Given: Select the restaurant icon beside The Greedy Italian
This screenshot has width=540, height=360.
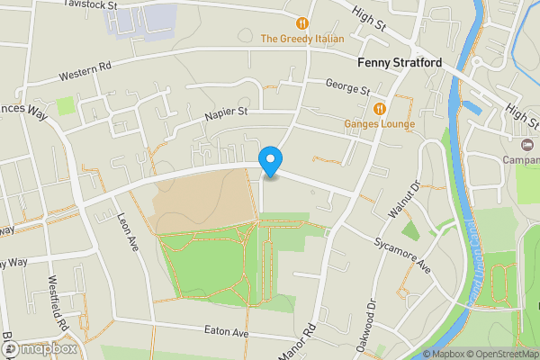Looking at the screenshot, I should coord(302,22).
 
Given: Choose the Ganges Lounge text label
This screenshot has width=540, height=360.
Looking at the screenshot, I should coord(379,124).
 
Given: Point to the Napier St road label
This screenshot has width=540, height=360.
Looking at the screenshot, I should coord(224,112).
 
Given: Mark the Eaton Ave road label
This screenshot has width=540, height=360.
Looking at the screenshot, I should coord(226,333).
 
